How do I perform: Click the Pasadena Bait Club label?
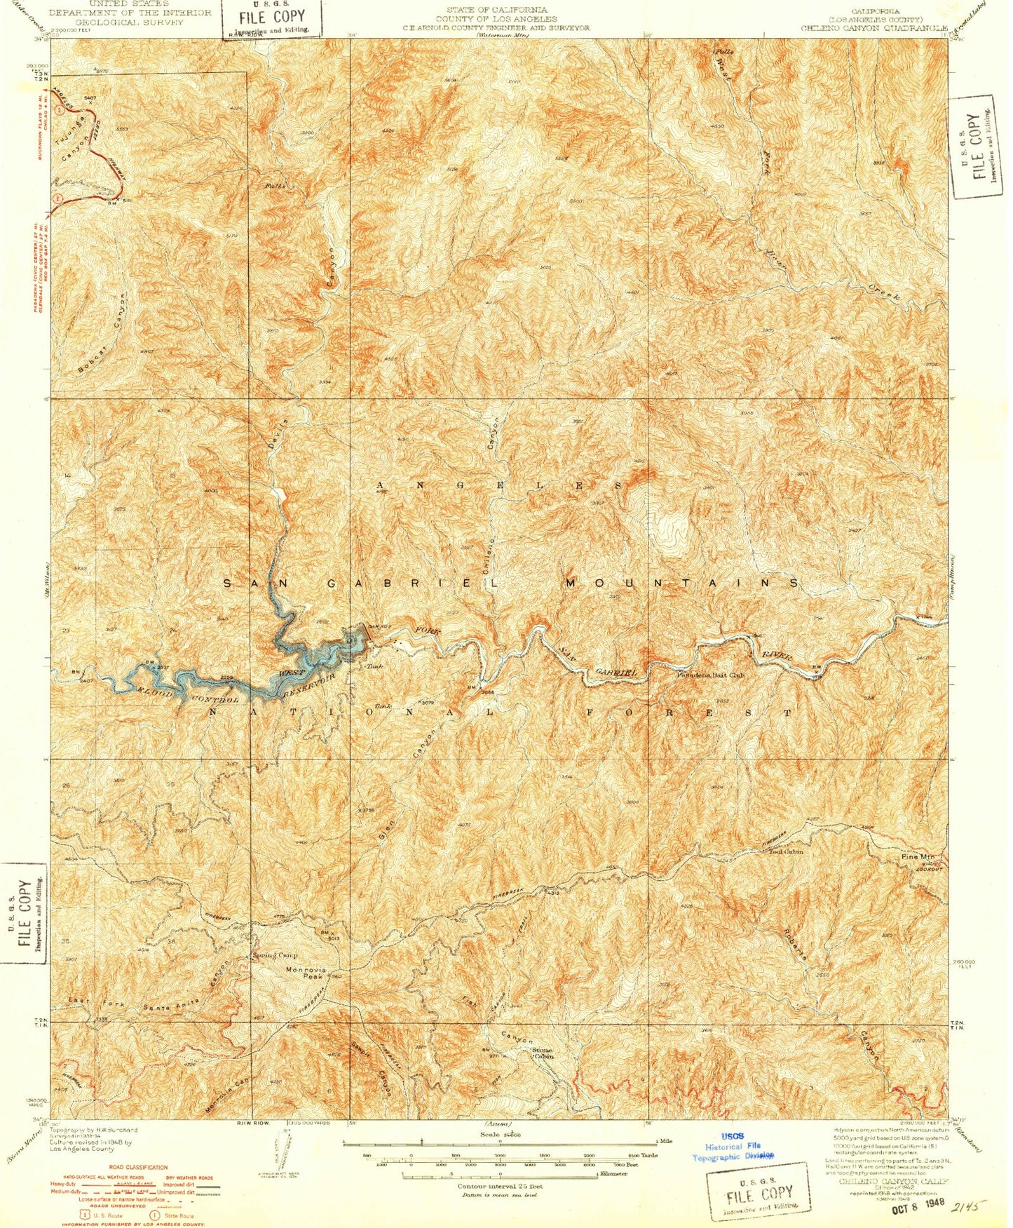point(710,675)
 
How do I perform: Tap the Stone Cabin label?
point(542,1054)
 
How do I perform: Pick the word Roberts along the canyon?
point(796,944)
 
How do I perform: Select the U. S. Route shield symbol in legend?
point(84,1214)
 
